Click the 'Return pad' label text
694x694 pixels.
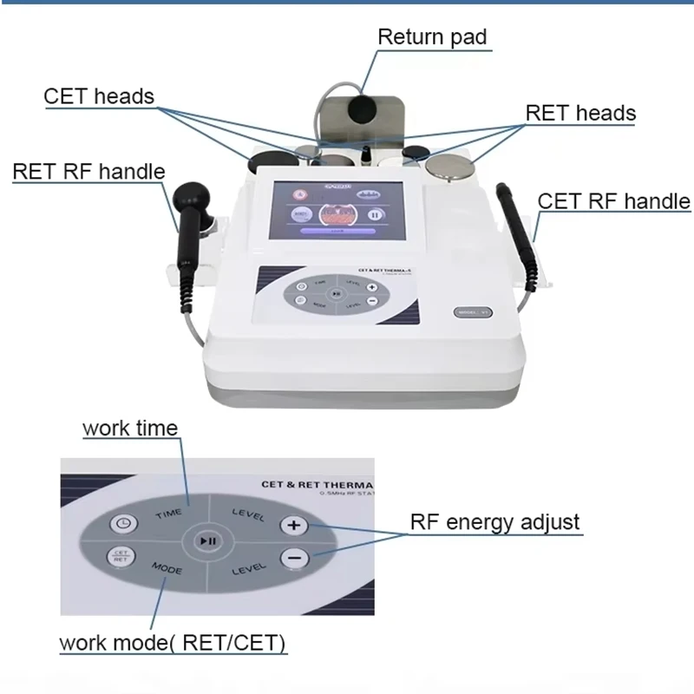pos(432,37)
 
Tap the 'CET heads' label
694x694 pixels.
pos(99,95)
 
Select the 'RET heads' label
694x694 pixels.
pos(580,113)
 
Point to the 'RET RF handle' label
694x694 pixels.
pos(88,170)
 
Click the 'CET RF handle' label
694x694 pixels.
pos(614,201)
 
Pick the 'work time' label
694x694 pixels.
pos(130,428)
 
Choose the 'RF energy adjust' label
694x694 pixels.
pos(494,522)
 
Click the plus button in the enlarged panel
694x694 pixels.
pos(292,525)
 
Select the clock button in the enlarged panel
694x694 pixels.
pos(121,523)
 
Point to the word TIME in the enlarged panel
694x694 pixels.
pos(168,514)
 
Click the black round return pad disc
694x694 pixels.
pos(358,111)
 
